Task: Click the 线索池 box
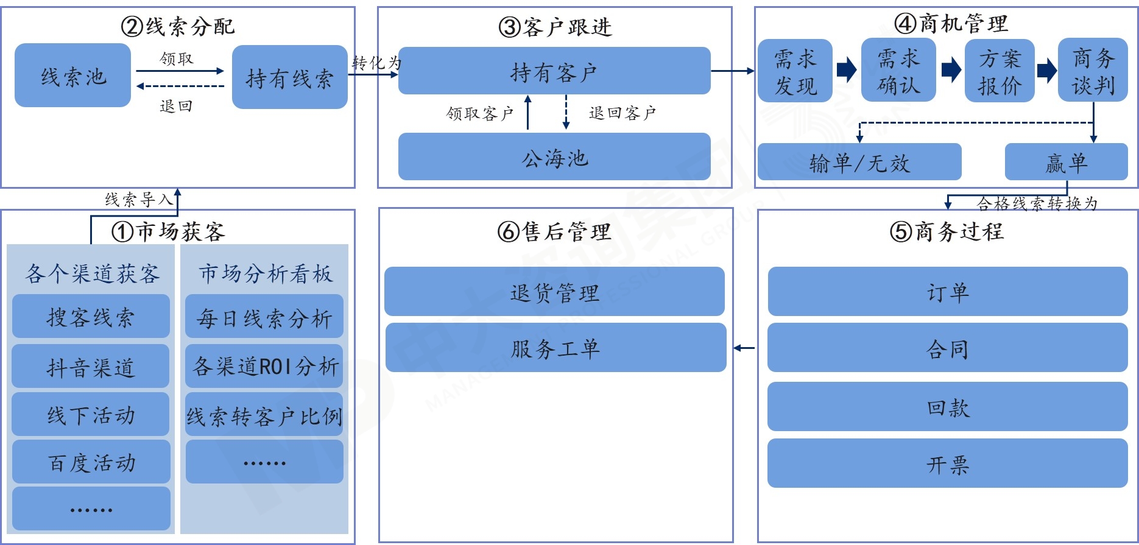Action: point(72,76)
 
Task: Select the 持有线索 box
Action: point(289,77)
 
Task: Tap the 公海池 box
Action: point(554,157)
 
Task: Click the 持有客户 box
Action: point(554,71)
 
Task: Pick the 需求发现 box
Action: point(795,71)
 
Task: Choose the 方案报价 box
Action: point(1000,71)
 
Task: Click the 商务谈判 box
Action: point(1093,71)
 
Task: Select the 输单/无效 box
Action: point(859,162)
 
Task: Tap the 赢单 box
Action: point(1066,162)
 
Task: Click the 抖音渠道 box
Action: point(90,367)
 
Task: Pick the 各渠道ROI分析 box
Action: point(264,366)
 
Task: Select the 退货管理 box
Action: point(554,292)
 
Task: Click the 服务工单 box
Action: point(555,348)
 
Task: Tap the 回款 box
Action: point(947,407)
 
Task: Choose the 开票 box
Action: point(947,464)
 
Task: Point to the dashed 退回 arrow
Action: point(180,86)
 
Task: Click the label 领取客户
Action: point(479,113)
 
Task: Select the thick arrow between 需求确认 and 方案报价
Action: point(951,70)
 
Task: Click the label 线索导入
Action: point(138,199)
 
